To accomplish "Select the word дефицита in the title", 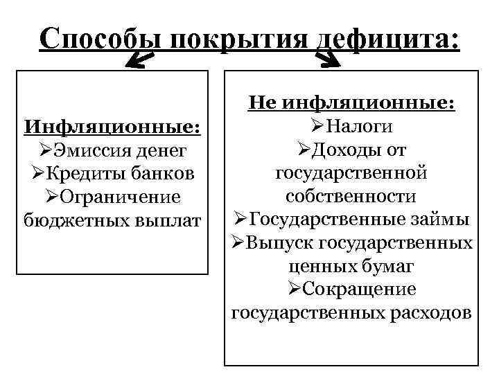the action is coord(387,38).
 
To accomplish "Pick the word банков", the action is coord(164,174).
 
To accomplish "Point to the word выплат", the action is coord(170,221).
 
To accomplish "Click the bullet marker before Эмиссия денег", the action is coord(46,150).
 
